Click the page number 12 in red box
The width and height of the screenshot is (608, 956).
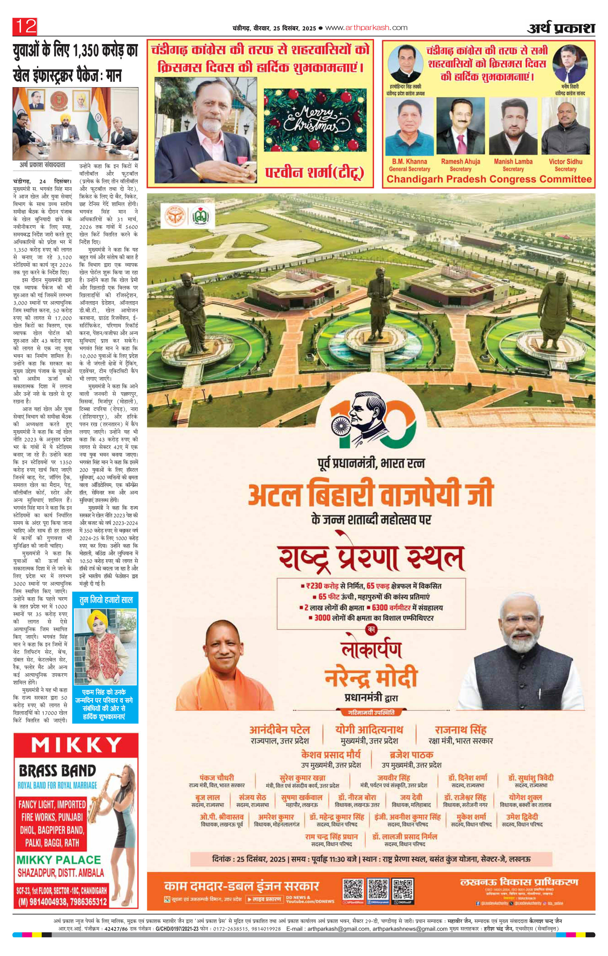25,27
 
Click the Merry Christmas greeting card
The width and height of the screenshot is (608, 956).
315,120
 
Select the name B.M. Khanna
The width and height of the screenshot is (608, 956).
409,162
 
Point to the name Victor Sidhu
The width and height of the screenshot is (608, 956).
565,162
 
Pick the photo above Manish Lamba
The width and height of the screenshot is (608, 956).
513,126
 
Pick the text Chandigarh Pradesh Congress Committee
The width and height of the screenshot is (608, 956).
489,179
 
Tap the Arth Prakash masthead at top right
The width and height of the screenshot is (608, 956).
561,29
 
